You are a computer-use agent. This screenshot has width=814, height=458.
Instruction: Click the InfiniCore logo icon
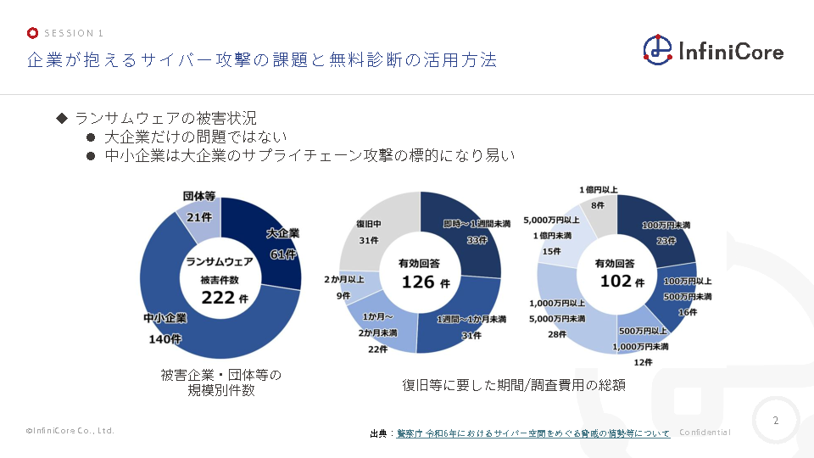tap(657, 49)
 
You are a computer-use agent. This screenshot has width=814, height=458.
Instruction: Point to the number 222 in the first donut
tap(219, 297)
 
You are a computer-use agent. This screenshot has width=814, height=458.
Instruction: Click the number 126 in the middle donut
tap(419, 282)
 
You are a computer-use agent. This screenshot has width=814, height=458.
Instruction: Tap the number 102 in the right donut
tap(616, 281)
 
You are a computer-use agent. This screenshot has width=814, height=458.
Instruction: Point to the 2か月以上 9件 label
tap(343, 287)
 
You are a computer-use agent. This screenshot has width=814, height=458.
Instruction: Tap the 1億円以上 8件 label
tap(598, 197)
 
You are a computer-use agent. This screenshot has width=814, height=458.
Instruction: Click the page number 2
tap(776, 420)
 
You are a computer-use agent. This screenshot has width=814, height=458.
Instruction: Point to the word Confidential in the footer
tap(705, 433)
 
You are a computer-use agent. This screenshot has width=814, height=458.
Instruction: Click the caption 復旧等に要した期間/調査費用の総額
tap(514, 384)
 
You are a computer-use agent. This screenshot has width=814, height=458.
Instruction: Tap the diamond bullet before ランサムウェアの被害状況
tap(61, 117)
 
